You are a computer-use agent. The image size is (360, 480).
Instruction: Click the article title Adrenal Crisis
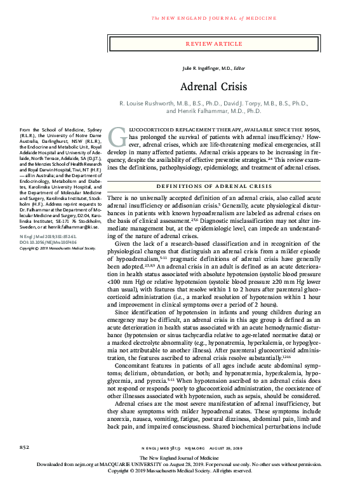point(218,86)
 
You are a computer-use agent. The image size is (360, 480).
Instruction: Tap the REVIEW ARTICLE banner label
point(218,43)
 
